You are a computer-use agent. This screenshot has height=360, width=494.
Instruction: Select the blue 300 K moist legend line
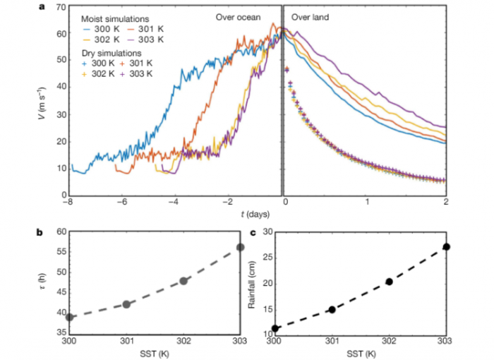pos(90,30)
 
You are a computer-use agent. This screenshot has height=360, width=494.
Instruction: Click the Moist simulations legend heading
pos(116,18)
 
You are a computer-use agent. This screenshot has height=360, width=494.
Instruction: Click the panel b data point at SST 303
pos(241,247)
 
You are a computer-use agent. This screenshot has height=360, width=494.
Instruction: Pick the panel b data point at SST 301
pos(126,304)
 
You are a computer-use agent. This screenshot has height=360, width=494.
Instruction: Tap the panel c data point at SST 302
pos(389,282)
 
